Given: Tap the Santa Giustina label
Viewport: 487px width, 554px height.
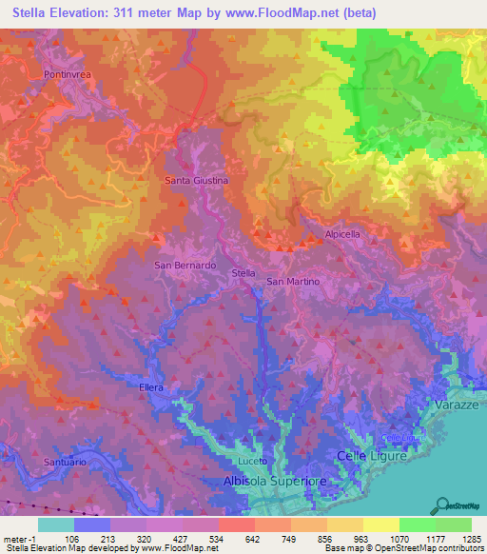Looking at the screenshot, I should coord(197,180).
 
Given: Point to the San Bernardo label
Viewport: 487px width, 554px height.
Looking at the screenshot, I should coord(186,265).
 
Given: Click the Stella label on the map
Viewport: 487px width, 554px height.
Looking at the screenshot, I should coord(244,273).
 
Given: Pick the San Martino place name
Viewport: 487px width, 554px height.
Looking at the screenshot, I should coord(292,282).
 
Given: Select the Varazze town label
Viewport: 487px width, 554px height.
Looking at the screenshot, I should coord(456,405).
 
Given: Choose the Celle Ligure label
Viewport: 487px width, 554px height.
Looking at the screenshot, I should coord(373,457).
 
